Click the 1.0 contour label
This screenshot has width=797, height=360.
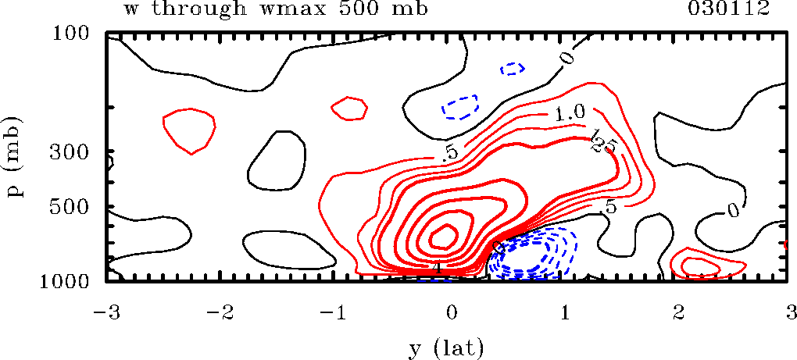[570, 114]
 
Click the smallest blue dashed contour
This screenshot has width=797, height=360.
[513, 69]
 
